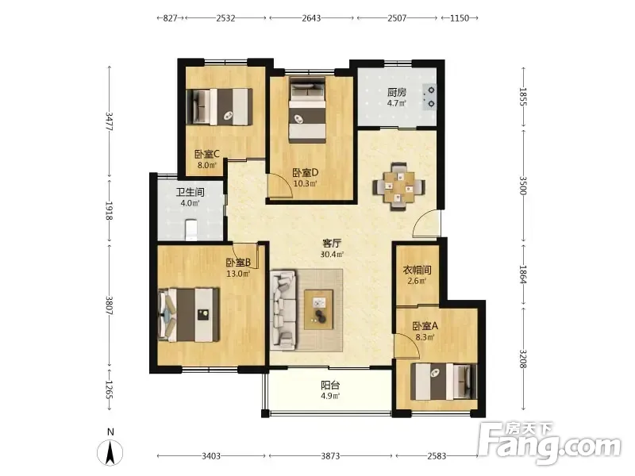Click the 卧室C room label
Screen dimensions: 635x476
(206, 154)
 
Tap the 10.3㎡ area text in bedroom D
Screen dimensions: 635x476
(305, 183)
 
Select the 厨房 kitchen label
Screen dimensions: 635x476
(396, 92)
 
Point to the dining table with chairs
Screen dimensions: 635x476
(399, 186)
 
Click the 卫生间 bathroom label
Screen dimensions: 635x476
(190, 192)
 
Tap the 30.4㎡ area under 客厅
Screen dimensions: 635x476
(332, 254)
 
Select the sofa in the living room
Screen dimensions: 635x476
(283, 310)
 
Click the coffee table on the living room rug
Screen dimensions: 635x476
(319, 309)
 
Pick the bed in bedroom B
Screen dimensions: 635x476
(189, 314)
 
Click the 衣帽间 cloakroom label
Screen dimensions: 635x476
(417, 270)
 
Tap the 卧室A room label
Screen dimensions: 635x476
(425, 325)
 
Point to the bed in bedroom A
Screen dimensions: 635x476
(444, 382)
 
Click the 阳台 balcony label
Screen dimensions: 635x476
(330, 385)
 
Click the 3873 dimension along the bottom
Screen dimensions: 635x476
(330, 456)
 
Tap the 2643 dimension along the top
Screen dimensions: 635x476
(311, 17)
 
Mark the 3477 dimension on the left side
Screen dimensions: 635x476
(109, 121)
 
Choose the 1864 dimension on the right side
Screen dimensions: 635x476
(523, 274)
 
